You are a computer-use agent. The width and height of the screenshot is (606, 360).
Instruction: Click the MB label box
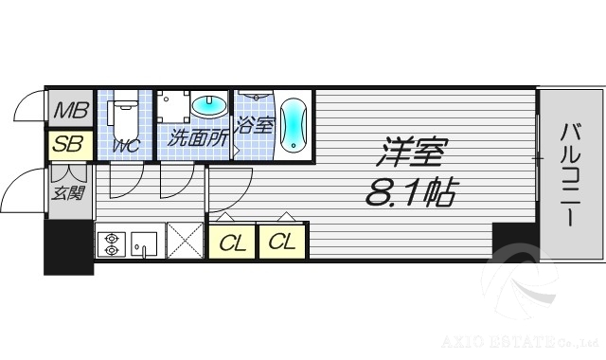point(69,110)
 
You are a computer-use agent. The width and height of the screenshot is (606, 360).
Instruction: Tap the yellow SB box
point(68,143)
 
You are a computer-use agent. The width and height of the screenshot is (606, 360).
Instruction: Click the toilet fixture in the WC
point(124,117)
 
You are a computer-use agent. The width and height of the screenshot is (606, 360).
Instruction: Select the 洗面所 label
point(197,137)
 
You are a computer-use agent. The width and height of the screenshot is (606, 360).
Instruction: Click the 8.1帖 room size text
point(410,193)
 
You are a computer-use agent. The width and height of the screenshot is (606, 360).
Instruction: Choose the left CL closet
point(233,243)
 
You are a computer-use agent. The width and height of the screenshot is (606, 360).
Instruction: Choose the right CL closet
point(281,243)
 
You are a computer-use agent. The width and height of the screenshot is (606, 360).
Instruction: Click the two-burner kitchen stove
point(112,244)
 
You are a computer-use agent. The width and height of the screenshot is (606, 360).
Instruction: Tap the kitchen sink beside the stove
point(145,243)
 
